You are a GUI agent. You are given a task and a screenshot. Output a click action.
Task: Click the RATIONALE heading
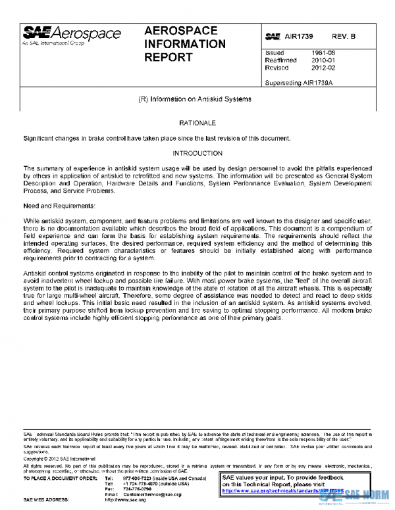pyautogui.click(x=197, y=123)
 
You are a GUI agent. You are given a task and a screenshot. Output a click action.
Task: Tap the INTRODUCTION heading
pyautogui.click(x=197, y=153)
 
